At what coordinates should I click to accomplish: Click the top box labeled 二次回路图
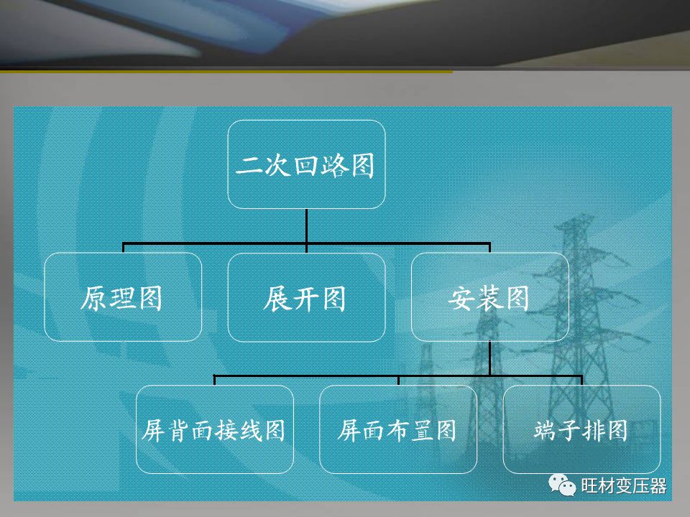coord(306,164)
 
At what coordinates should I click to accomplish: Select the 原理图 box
coord(123,297)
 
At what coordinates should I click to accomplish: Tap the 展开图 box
coord(306,297)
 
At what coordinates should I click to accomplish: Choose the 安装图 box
coord(489,297)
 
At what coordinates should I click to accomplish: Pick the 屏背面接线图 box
coord(215,429)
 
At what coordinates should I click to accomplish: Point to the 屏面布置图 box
coord(398,429)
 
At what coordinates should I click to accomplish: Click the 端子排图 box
coord(581,429)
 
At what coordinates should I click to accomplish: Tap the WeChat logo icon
coord(562,485)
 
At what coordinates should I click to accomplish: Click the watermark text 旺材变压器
coord(624,486)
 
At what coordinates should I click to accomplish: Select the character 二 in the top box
coord(249,166)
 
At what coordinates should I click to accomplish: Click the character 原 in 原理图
coord(93,299)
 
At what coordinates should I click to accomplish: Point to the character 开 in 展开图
coord(305,299)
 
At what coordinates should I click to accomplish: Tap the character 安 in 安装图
coord(461,299)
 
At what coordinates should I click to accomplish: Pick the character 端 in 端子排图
coord(546,430)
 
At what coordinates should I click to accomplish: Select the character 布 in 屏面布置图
coord(397,430)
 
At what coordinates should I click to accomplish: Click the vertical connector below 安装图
coord(489,358)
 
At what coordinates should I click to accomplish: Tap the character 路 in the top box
coord(334,166)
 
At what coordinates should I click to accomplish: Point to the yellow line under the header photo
coord(226,71)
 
